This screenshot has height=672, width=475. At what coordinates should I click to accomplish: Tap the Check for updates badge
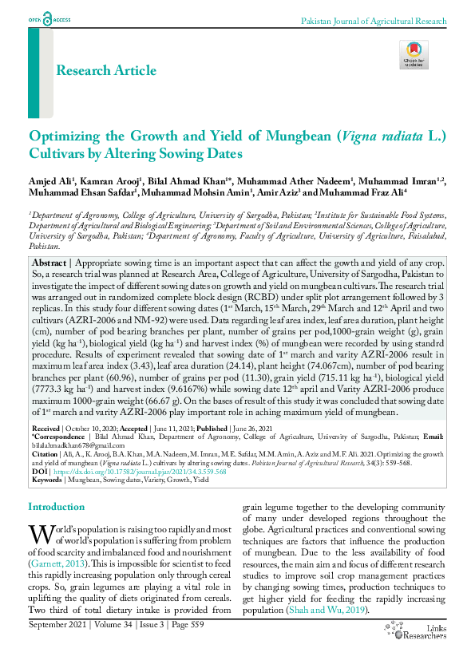coord(414,54)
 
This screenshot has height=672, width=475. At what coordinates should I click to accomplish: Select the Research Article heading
coord(105,71)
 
